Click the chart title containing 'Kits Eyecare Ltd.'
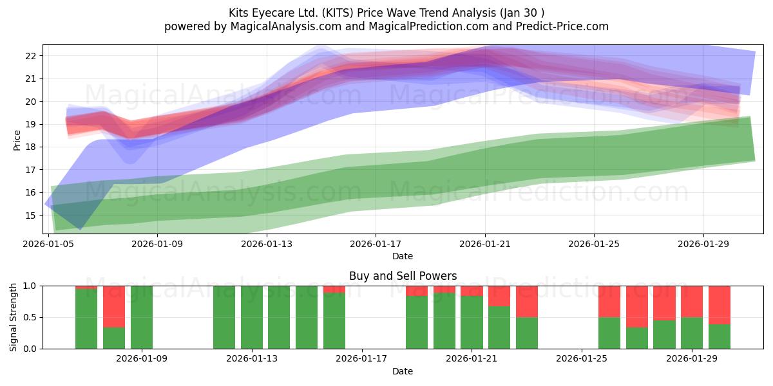click(x=386, y=13)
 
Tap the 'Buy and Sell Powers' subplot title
click(x=403, y=276)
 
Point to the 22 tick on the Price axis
click(x=31, y=56)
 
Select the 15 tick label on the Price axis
click(x=31, y=216)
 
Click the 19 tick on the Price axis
click(x=31, y=124)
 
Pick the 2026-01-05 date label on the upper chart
click(x=48, y=244)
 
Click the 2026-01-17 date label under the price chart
click(x=376, y=244)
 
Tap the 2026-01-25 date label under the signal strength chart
click(x=582, y=358)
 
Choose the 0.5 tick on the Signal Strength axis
click(x=30, y=317)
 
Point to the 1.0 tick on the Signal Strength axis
click(x=30, y=286)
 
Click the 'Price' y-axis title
click(x=17, y=140)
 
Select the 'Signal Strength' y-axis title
click(x=13, y=317)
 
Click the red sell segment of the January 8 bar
click(x=114, y=307)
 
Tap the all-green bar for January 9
click(x=142, y=317)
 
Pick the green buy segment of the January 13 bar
click(x=252, y=317)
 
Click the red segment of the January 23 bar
click(x=527, y=302)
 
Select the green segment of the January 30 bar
click(x=720, y=336)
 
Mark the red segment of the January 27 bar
click(x=637, y=307)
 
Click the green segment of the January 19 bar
click(x=417, y=322)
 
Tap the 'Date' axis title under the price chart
click(x=403, y=256)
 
